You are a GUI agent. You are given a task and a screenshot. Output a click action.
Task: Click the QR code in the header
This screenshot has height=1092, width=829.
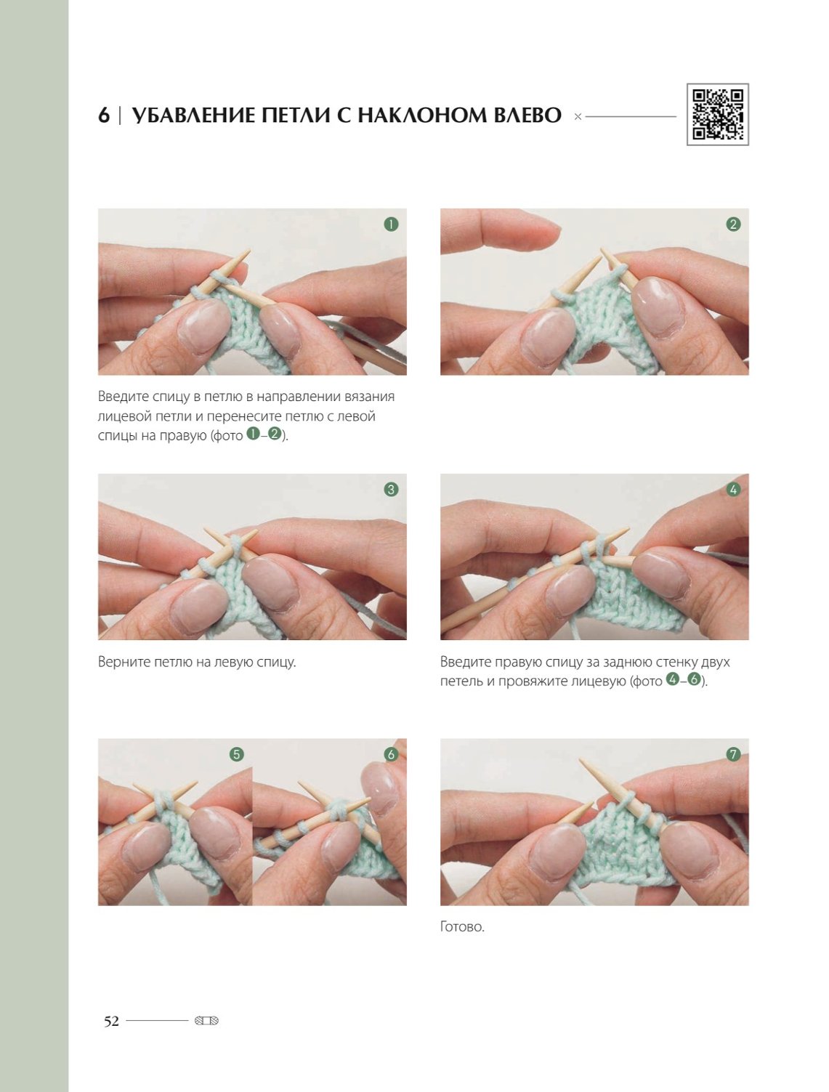coord(717,114)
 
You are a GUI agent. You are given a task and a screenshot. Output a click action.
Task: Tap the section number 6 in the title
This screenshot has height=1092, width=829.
coord(103,116)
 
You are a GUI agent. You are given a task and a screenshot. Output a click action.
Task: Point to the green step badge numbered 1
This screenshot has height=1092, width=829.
coord(391,225)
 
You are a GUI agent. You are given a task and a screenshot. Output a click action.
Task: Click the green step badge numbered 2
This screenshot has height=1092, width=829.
coord(733,225)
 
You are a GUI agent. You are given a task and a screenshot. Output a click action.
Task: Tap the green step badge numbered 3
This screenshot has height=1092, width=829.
coord(391,490)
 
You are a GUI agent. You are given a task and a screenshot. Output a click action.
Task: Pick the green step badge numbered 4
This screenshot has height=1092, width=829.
coord(733,490)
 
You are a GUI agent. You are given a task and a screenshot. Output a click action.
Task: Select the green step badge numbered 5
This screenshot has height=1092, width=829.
coord(236,754)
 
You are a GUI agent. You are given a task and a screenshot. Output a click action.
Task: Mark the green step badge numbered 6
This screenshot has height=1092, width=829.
coord(391,754)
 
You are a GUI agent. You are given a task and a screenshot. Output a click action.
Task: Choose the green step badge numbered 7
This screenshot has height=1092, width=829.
coord(733,754)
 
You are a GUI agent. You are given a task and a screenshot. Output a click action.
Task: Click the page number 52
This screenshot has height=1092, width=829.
coord(111,1022)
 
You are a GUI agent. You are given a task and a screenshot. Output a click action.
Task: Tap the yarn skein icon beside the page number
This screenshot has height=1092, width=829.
coord(206,1022)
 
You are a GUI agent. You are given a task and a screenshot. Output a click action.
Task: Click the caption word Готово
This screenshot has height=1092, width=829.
coord(462,927)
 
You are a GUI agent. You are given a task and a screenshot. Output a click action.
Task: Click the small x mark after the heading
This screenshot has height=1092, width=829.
coord(578,117)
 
